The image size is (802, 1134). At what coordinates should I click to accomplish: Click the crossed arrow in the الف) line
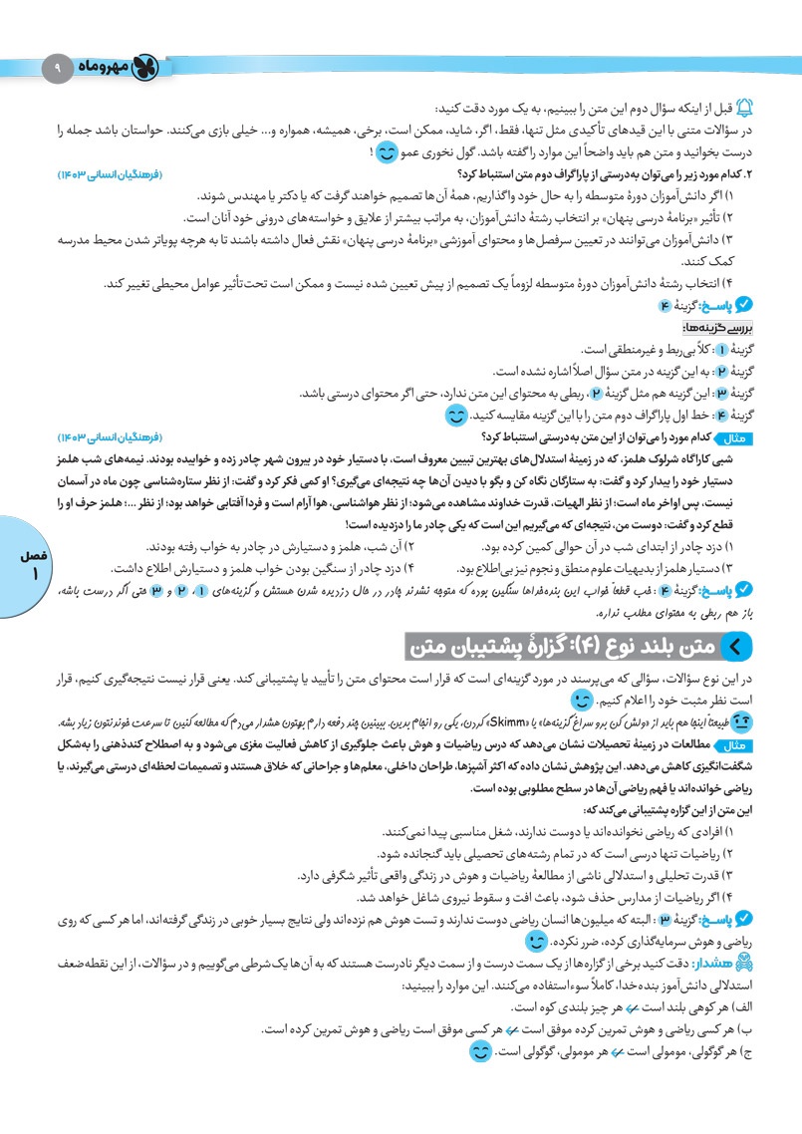point(626,1008)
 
